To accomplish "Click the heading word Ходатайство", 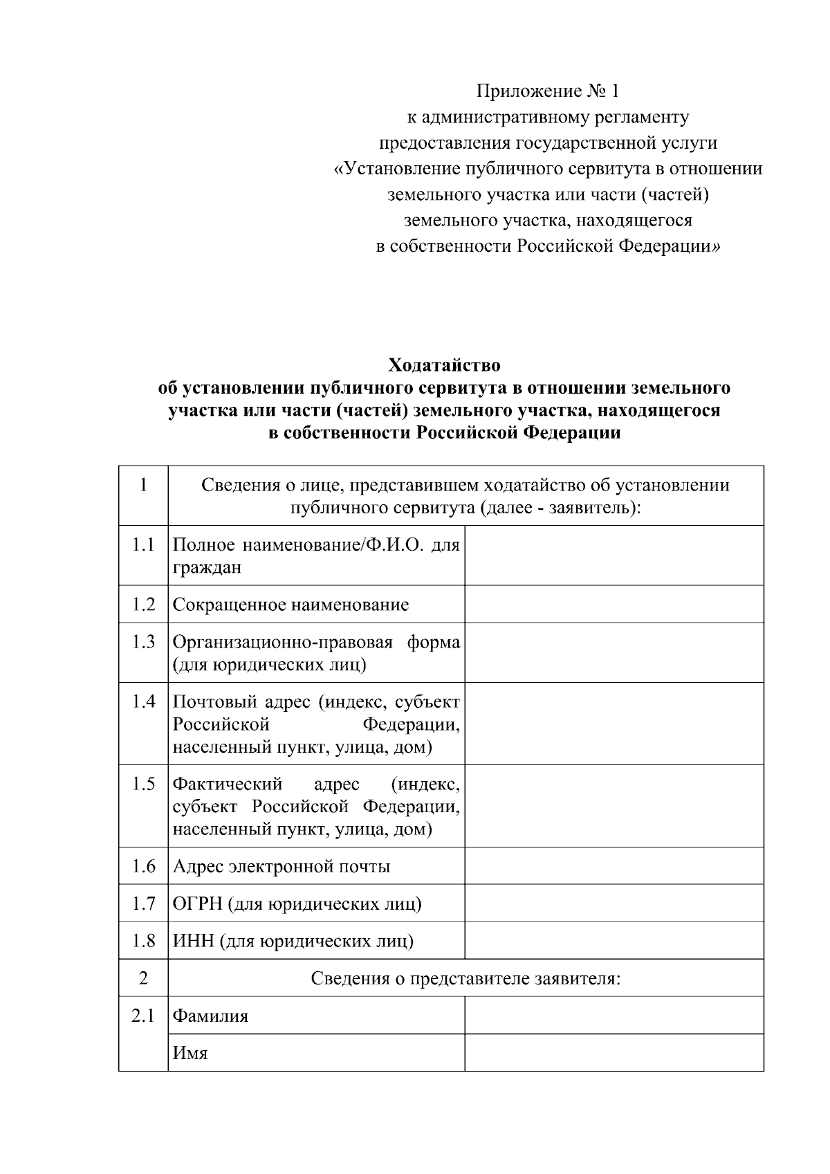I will (x=444, y=365).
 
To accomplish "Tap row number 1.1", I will (x=143, y=544).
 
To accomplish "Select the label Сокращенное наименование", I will (x=290, y=605).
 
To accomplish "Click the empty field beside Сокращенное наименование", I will (x=614, y=604).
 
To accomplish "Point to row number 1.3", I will (x=143, y=642).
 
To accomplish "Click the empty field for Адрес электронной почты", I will (x=614, y=866).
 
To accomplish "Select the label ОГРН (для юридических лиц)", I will (x=297, y=904).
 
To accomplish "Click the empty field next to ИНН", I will (x=614, y=941).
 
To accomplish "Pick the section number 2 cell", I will (x=143, y=978).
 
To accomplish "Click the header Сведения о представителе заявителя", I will (x=465, y=978).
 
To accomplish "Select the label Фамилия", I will (x=210, y=1016).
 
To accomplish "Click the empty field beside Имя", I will (x=614, y=1053).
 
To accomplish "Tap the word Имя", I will (x=190, y=1054).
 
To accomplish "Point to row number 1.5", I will (x=143, y=785).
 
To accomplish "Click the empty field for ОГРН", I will (x=614, y=904).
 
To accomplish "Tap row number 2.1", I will (x=143, y=1016).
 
